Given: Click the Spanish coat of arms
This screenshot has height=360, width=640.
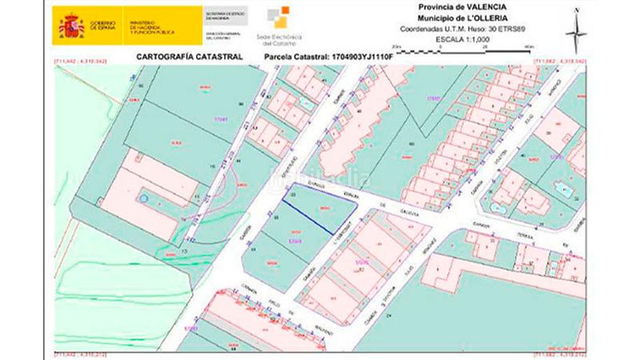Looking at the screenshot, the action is coord(71,26).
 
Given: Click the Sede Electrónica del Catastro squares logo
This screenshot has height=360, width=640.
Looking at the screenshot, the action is coord(279,17).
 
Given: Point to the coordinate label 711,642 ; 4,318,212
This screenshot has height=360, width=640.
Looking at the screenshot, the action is coord(80,353).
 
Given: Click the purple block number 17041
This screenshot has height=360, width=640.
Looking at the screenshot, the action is coord(222,120).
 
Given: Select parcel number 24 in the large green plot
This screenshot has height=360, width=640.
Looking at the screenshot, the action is coord(389,318).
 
